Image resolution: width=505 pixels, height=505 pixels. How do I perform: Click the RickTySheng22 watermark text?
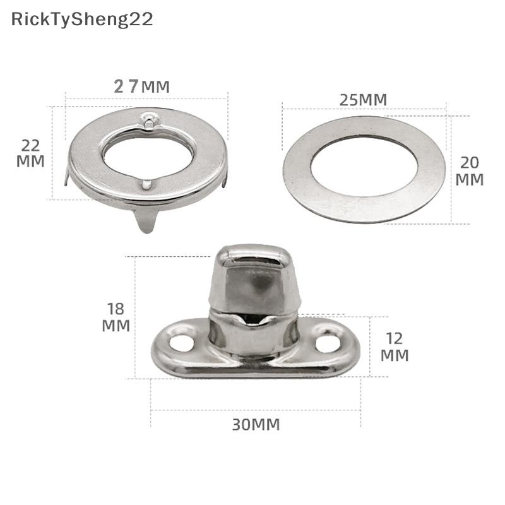82,20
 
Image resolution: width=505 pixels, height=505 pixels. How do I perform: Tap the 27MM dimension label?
141,86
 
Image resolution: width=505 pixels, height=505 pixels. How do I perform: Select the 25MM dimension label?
364,100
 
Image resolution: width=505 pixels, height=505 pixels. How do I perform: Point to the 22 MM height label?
30,153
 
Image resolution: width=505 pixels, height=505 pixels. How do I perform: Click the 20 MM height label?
470,171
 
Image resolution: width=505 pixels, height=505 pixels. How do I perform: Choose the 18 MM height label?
116,318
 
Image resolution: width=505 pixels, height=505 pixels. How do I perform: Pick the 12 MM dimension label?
395,347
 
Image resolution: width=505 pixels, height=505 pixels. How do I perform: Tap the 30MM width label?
256,425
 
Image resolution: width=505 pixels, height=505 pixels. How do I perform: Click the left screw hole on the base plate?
182,343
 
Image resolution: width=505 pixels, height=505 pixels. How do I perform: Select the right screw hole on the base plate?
328,343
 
